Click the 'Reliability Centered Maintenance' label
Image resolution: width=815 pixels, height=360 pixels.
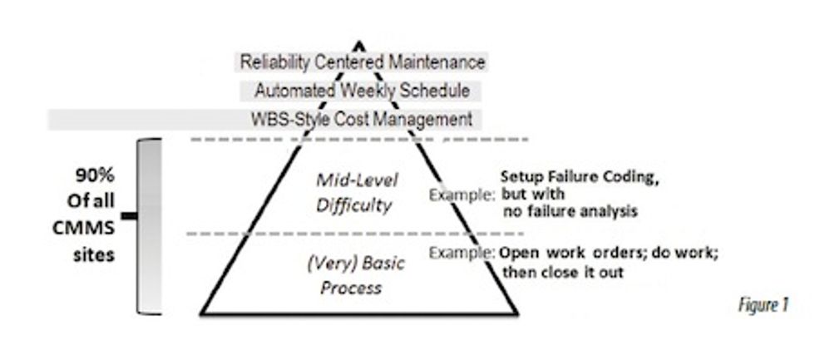tap(362, 62)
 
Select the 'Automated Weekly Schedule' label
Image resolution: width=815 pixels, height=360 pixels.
tap(362, 90)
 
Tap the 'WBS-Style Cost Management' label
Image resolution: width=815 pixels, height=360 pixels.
tap(362, 118)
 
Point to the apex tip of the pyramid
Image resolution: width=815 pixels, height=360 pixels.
tap(358, 42)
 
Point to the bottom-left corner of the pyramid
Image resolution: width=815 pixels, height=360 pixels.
tap(202, 314)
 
